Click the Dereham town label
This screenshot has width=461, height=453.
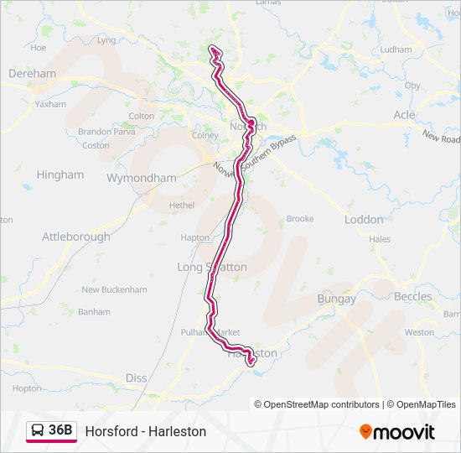(32, 74)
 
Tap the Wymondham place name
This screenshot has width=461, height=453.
(142, 178)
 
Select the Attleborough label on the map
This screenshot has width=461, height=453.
(76, 237)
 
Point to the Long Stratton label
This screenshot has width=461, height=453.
(212, 267)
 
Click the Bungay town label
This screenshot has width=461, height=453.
(336, 299)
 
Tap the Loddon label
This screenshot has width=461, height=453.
(364, 220)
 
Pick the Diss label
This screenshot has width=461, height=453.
(137, 378)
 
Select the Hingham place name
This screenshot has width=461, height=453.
(60, 174)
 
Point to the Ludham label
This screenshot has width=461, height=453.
(396, 49)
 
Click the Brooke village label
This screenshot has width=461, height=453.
(300, 219)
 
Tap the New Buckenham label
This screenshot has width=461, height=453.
(114, 290)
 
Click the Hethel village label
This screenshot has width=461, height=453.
(181, 205)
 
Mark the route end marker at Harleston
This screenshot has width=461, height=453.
(250, 362)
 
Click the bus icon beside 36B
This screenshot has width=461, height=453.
(39, 431)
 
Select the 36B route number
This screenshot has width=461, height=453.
(61, 431)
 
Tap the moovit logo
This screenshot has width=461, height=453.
(397, 432)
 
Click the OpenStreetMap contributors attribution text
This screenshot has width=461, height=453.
(317, 404)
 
